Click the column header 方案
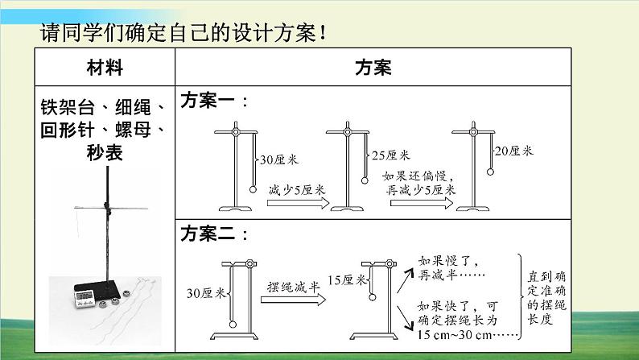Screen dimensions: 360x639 pyautogui.click(x=373, y=68)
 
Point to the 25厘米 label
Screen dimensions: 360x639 pyautogui.click(x=390, y=155)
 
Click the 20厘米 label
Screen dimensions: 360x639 pyautogui.click(x=513, y=151)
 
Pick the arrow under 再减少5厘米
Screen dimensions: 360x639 pyautogui.click(x=421, y=204)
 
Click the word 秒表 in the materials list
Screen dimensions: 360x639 pyautogui.click(x=105, y=151)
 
